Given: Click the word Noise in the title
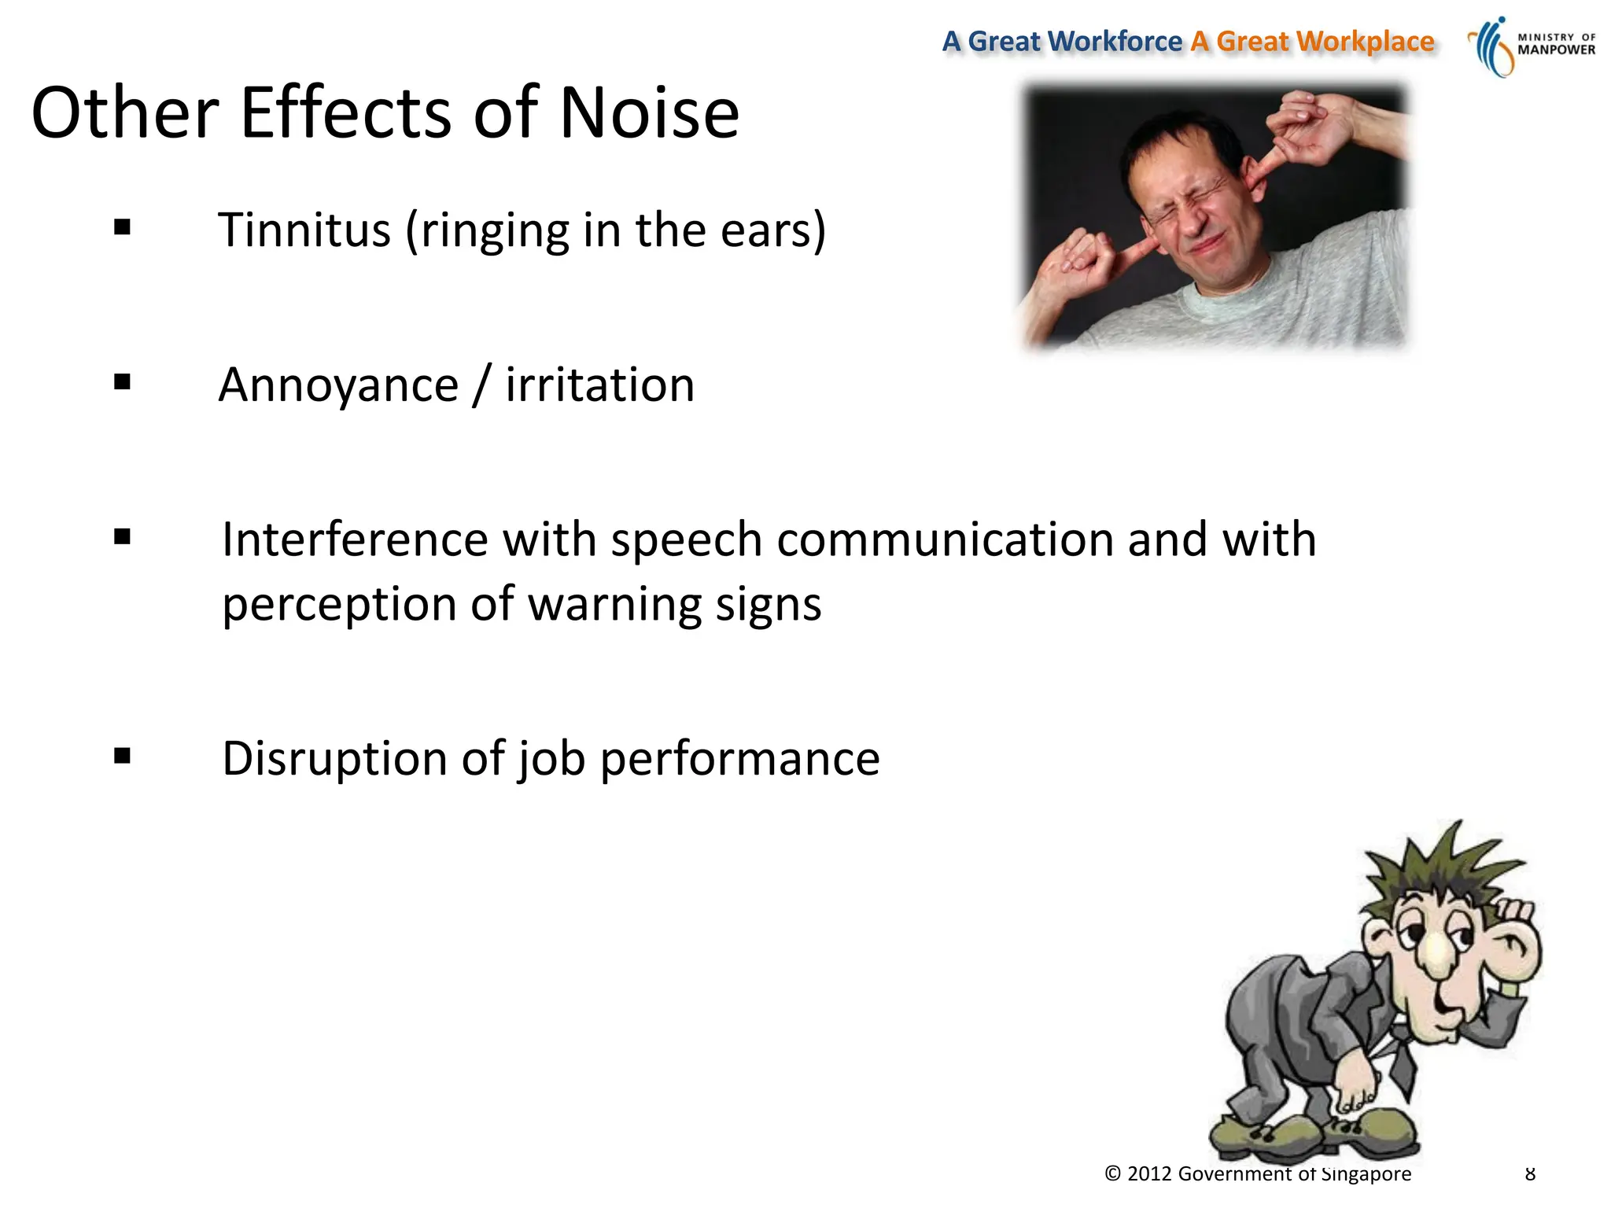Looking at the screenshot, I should (x=649, y=113).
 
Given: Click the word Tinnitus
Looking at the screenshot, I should (x=304, y=230).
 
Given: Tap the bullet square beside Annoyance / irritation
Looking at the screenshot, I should (x=122, y=383).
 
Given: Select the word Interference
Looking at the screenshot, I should (x=355, y=540).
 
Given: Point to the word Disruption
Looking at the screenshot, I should (x=334, y=758).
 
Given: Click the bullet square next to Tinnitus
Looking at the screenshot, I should (x=122, y=228).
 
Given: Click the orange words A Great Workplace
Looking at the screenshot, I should (x=1312, y=41).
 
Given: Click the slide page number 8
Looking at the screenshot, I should (x=1530, y=1174).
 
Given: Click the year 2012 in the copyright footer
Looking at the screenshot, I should (x=1149, y=1174).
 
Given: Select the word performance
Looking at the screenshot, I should (x=739, y=758).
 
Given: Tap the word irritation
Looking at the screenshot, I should (x=599, y=385).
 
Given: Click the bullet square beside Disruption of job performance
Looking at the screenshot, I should (x=122, y=757).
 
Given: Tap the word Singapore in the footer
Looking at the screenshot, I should (x=1366, y=1174).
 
